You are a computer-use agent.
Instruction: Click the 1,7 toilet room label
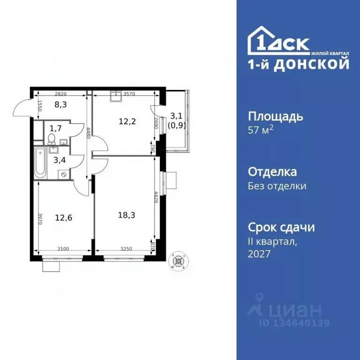point(55,127)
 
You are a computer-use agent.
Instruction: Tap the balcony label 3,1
point(176,115)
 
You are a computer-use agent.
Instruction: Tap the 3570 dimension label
point(129,94)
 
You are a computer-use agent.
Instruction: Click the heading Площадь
point(275,116)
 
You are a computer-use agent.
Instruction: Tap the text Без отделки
point(277,186)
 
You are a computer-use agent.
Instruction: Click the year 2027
point(259,254)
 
